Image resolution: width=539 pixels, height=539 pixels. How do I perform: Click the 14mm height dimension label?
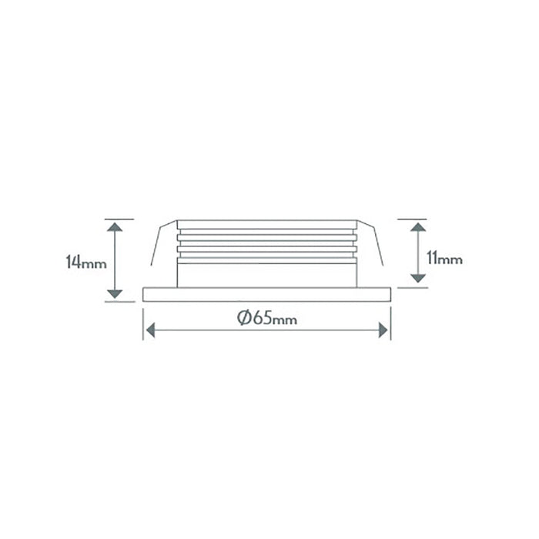point(86,262)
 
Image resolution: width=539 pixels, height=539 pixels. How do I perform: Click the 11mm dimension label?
point(444,258)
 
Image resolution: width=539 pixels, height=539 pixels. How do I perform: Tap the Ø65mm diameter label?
point(267,318)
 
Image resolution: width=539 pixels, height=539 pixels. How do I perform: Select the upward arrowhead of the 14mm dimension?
point(115,226)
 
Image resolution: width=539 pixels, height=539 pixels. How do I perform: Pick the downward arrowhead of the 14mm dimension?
point(115,294)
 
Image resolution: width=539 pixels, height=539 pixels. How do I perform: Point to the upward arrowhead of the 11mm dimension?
point(418,227)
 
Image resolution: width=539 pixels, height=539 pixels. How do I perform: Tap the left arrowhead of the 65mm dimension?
point(151,330)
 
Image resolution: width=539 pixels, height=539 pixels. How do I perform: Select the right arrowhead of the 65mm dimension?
point(383,330)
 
